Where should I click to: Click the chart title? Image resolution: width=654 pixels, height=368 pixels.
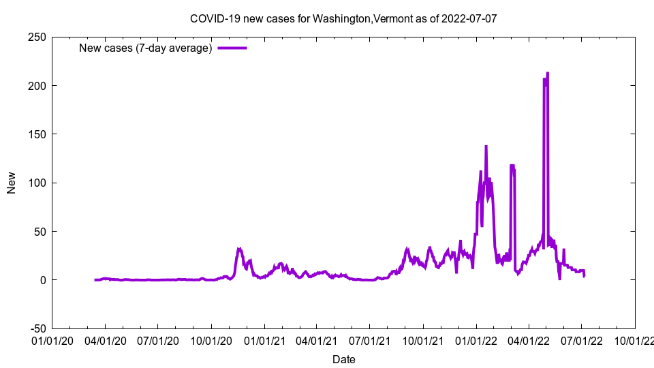(x=343, y=18)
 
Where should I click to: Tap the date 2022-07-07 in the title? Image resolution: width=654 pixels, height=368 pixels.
(x=469, y=18)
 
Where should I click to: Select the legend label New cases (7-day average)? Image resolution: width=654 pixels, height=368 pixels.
(x=146, y=48)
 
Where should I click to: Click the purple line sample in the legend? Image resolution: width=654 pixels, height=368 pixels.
(x=232, y=48)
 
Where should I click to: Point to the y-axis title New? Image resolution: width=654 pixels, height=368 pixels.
(x=12, y=183)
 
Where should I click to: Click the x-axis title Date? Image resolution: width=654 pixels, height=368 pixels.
(x=343, y=359)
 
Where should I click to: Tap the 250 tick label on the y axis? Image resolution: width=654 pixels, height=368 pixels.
(x=37, y=37)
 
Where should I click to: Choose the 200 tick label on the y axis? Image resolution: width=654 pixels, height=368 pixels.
(x=37, y=86)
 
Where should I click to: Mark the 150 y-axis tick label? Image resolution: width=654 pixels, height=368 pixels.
(x=37, y=134)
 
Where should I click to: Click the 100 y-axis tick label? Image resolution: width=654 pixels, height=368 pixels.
(x=37, y=183)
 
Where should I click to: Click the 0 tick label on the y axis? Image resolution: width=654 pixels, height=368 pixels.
(x=42, y=280)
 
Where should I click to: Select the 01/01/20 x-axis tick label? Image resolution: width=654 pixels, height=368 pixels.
(x=52, y=339)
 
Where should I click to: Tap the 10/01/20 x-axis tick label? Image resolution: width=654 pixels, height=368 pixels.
(x=211, y=339)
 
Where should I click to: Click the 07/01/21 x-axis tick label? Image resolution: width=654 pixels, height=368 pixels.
(x=370, y=339)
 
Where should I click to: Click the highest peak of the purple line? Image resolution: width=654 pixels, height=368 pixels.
(x=548, y=73)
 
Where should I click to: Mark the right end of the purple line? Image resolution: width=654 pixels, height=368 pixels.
(x=584, y=275)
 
